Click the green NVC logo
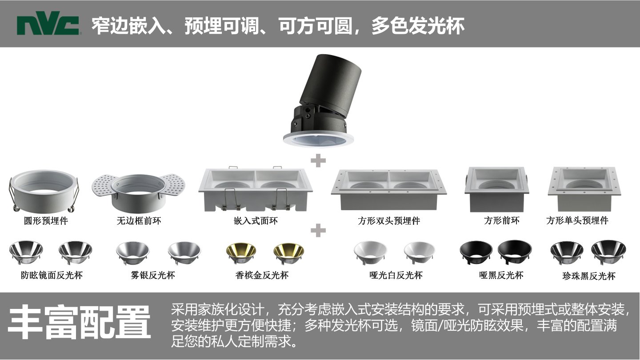coord(48,23)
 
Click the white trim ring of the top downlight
coord(318,139)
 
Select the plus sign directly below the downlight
coord(318,160)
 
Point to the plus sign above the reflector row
coord(318,230)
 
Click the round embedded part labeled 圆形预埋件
coord(44,191)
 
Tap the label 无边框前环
coord(139,220)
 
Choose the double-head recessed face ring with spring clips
coord(256,189)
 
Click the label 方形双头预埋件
coord(389,220)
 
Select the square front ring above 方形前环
coord(496,189)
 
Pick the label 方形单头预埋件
coord(577,220)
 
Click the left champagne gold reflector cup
coord(241,253)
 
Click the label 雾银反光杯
coord(153,275)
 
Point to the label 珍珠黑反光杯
coord(588,276)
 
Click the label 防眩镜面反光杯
coord(52,275)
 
